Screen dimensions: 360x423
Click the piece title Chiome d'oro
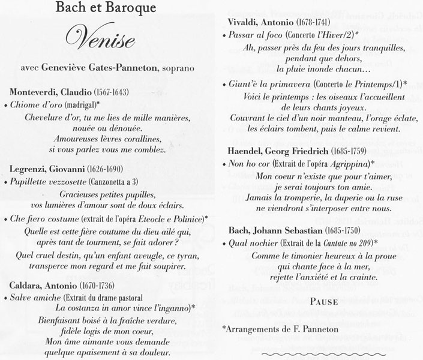(38, 105)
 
